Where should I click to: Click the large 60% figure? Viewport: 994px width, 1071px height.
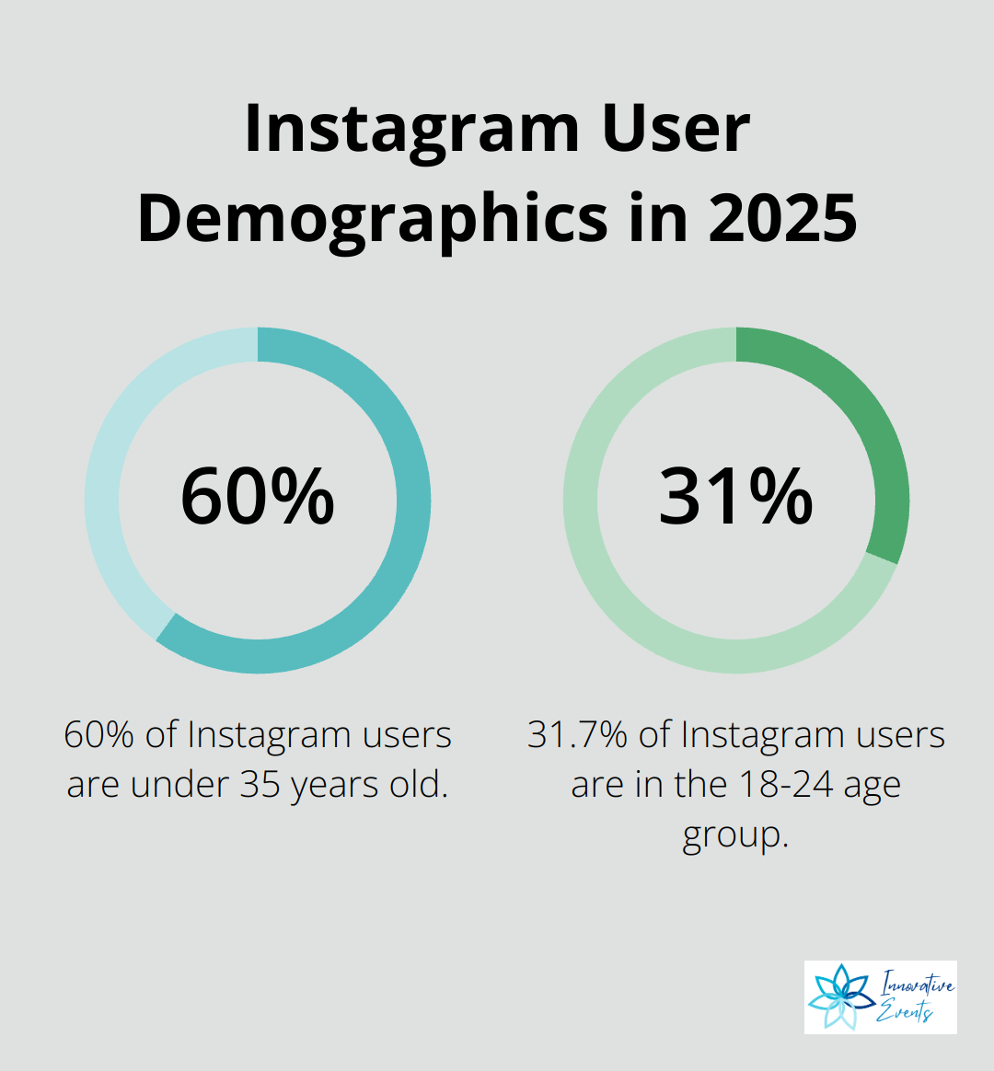(x=257, y=497)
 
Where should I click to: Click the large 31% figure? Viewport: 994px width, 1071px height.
(x=735, y=497)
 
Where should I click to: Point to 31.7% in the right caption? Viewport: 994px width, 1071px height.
(x=577, y=735)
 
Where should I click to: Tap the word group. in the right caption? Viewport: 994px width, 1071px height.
(x=735, y=835)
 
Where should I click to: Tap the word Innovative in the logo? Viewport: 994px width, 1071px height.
(x=917, y=986)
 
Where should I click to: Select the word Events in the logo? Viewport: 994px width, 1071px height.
(x=906, y=1012)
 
